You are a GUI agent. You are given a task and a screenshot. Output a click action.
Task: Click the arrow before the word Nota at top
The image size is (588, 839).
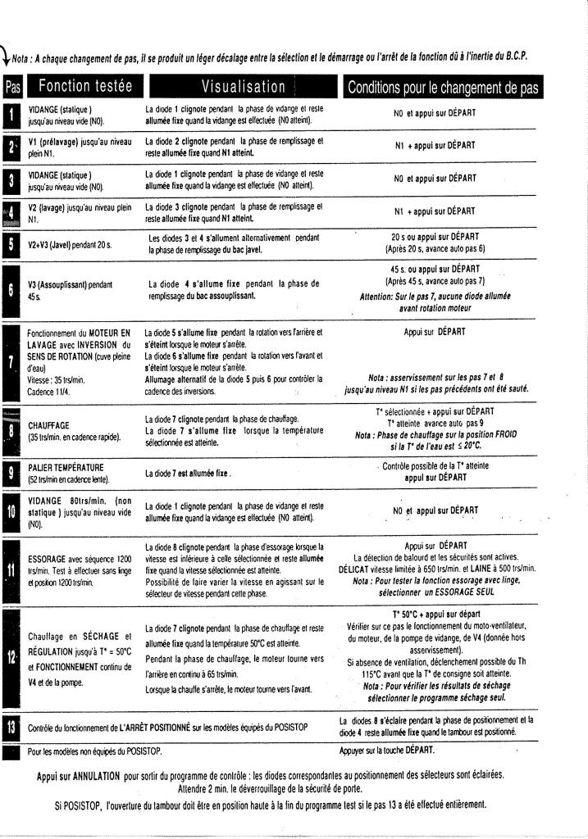pos(7,58)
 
